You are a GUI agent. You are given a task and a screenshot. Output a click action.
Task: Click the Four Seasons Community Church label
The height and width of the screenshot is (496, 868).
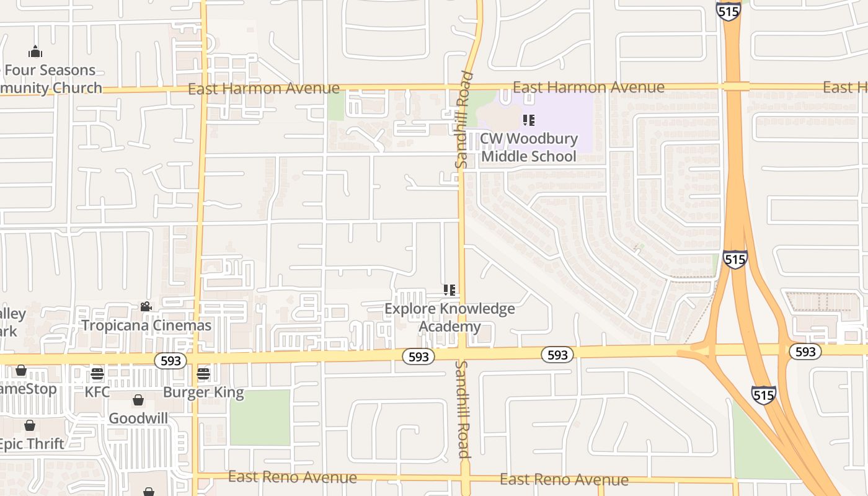pos(50,79)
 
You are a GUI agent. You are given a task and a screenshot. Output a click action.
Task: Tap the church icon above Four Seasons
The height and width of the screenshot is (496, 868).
pos(35,51)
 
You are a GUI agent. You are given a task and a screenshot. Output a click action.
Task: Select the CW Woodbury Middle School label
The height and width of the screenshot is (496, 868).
pos(529,147)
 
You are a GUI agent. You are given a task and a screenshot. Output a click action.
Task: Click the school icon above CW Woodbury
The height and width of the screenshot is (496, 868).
pos(528,120)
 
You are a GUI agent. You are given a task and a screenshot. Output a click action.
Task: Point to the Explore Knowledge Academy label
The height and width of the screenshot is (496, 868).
pos(449,317)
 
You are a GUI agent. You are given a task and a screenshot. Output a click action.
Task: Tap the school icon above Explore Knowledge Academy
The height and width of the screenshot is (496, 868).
pos(450,290)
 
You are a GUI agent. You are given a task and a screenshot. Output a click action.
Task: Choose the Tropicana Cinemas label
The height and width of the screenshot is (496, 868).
pos(146,325)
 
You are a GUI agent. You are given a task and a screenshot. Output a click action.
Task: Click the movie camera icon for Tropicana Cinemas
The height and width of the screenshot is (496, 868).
pos(146,306)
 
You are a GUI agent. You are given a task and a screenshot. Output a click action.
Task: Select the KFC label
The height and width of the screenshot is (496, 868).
pos(97,392)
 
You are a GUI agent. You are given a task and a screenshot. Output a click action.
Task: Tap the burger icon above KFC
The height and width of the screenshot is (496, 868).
pos(97,374)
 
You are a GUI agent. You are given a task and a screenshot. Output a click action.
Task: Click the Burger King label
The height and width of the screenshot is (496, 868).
pos(203,392)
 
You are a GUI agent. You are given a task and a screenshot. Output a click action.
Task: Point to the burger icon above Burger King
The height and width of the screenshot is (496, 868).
pos(203,374)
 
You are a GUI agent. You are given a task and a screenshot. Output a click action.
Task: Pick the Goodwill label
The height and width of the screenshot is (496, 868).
pos(138,418)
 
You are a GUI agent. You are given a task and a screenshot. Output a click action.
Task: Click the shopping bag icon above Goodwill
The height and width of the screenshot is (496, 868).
pos(138,401)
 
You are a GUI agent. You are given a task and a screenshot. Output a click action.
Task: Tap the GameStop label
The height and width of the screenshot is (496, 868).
pos(28,389)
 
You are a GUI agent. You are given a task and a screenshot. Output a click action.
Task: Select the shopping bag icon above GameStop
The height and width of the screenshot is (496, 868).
pos(21,370)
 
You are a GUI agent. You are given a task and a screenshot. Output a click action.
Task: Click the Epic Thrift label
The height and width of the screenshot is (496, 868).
pos(31,444)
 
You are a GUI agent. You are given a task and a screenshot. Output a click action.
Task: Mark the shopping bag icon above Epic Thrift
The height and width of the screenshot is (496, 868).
pos(30,425)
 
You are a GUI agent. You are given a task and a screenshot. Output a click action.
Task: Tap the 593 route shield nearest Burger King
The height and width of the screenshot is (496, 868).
pos(170,361)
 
